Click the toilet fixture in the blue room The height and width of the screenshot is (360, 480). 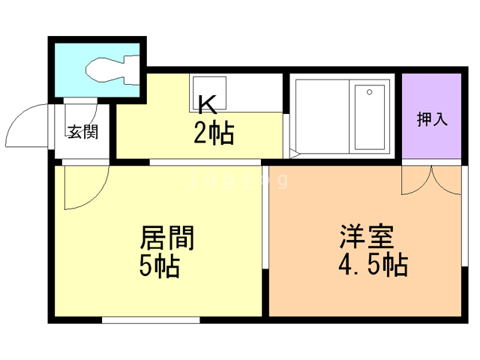[112, 70]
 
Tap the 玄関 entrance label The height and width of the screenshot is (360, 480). [82, 132]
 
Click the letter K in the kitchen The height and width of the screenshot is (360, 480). [208, 104]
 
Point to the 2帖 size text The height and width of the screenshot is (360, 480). [214, 133]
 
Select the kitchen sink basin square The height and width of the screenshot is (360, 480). [209, 93]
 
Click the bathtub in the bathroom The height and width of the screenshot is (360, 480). [369, 117]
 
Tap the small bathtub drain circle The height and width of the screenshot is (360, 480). [370, 91]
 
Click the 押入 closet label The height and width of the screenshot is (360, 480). [432, 119]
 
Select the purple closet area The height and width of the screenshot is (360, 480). [432, 116]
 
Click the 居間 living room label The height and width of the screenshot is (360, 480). [167, 238]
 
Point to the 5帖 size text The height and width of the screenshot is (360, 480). [160, 266]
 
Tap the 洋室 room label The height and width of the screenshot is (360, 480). [367, 237]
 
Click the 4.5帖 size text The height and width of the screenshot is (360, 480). [373, 265]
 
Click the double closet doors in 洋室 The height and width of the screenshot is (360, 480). [432, 181]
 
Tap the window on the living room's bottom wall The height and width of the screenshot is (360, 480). [151, 320]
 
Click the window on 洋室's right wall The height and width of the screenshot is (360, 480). [465, 216]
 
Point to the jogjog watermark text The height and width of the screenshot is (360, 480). [238, 180]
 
